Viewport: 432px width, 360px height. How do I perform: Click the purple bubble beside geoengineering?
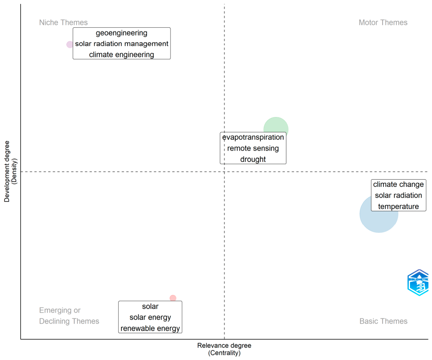click(69, 44)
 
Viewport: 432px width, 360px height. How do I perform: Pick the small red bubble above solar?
click(173, 298)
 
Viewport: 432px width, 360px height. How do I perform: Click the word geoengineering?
click(122, 33)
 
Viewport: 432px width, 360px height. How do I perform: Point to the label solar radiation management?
click(122, 44)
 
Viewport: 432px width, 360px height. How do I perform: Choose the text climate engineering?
click(122, 55)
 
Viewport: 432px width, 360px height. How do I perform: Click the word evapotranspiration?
click(253, 137)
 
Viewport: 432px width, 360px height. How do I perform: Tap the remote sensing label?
click(253, 148)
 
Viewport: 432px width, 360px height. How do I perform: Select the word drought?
click(253, 159)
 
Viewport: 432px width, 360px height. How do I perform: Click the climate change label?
click(398, 184)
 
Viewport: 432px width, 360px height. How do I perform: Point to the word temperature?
click(398, 206)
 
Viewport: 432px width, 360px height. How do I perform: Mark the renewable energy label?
click(150, 328)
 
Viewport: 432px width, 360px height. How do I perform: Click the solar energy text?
click(150, 318)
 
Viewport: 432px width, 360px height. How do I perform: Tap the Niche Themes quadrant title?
click(63, 22)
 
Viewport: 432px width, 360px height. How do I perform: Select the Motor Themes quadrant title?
click(383, 22)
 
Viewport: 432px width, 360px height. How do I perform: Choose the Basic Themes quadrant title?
click(383, 321)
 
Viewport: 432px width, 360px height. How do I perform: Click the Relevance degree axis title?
click(224, 349)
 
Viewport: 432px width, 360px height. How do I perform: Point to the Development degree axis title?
click(10, 171)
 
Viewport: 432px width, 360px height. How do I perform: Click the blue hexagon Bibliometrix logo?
click(418, 283)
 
